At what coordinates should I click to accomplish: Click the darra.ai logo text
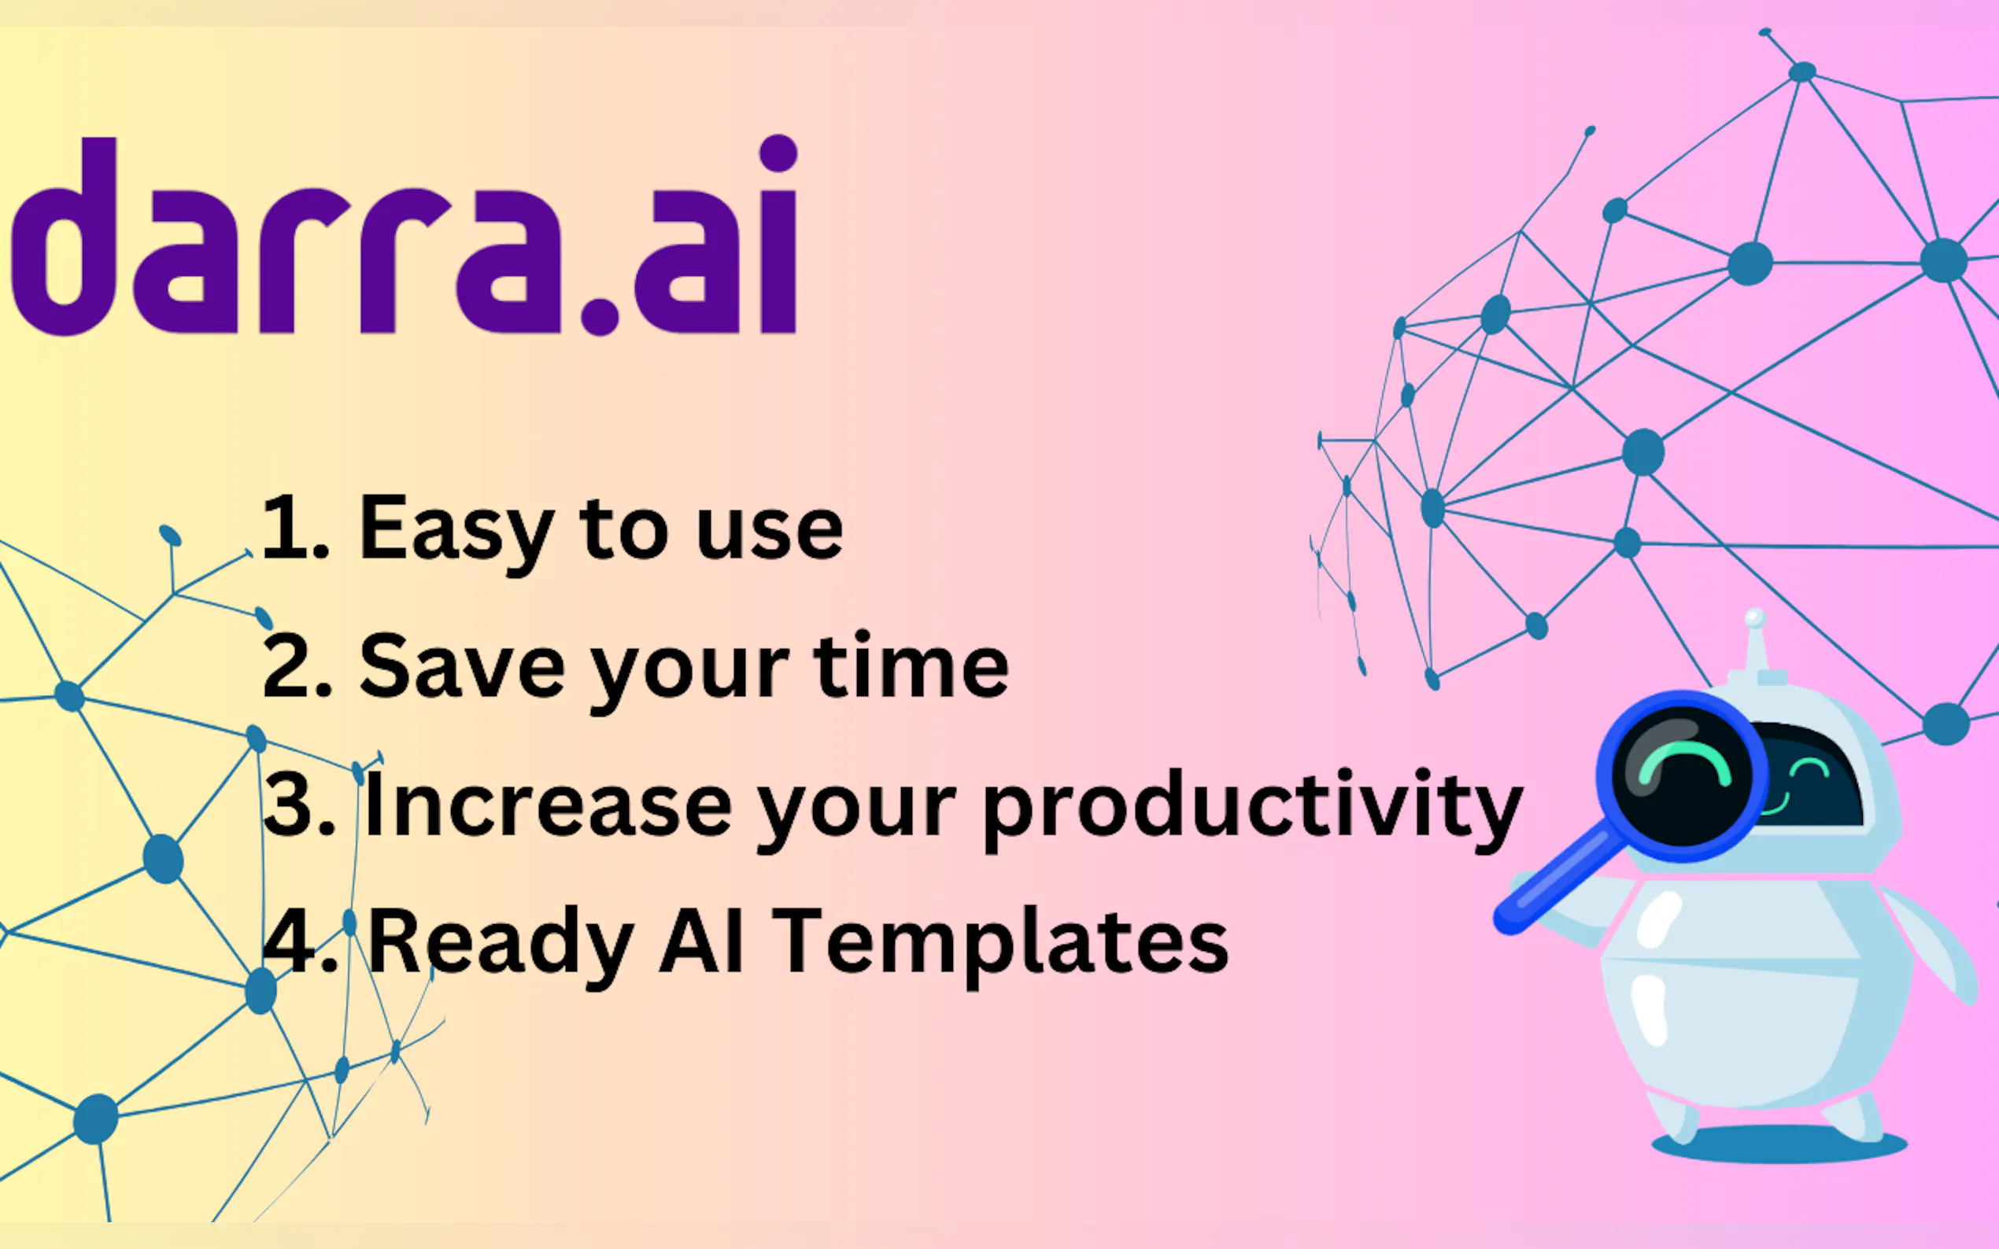coord(405,235)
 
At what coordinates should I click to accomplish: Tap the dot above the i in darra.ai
coord(778,153)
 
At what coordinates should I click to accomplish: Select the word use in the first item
coord(769,532)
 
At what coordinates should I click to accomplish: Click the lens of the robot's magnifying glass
coord(1683,776)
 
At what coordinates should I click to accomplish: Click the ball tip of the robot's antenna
coord(1754,618)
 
